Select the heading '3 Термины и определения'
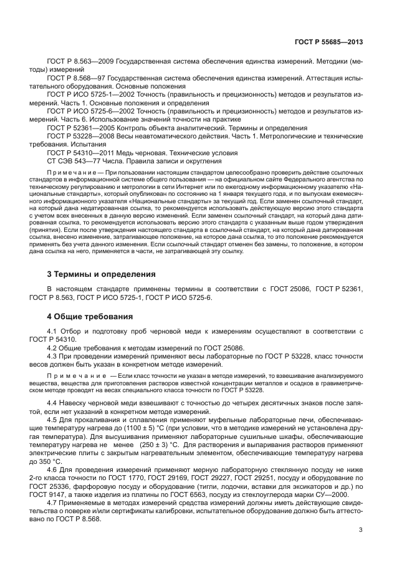[x=102, y=274]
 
